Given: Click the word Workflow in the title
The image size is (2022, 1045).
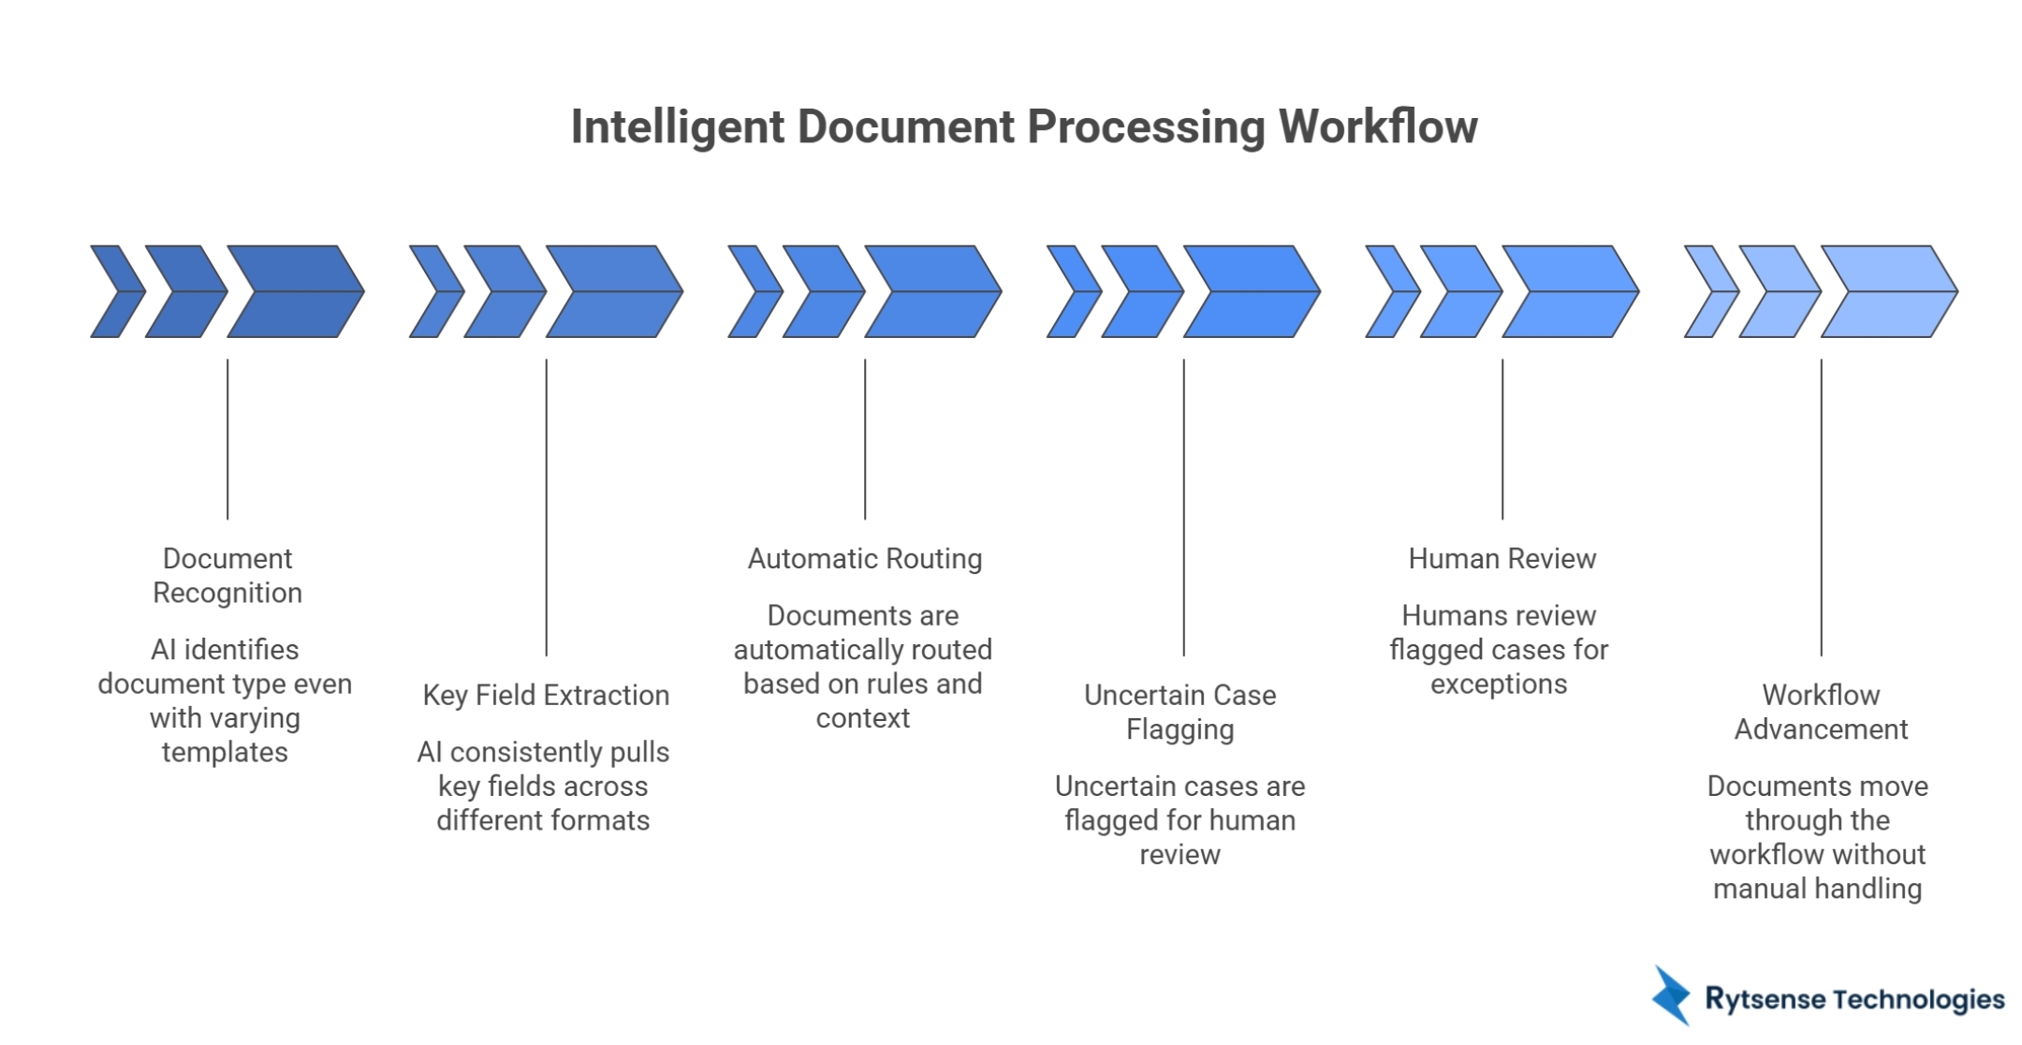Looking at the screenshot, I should coord(1378,126).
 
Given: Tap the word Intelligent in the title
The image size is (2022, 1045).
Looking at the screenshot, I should coord(677,126).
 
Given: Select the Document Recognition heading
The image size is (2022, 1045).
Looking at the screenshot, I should coord(227,575).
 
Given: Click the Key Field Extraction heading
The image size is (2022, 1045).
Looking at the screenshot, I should coord(546,695).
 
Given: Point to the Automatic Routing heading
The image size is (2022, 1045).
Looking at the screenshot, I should coord(864,558).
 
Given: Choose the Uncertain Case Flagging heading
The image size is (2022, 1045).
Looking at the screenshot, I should coord(1179,712).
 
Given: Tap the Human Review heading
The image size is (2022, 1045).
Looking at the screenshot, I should coord(1502,558).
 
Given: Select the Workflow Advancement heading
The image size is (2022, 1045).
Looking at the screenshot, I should coord(1821,712).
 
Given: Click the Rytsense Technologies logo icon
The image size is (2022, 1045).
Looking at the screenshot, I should coord(1671,995).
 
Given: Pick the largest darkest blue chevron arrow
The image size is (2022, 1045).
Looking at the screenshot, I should coord(296,291).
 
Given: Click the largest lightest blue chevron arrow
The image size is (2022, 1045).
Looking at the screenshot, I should coord(1889,291).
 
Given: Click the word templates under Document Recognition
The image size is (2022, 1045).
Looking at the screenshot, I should coord(225,752).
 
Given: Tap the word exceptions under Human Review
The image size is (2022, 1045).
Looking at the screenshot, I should coord(1498,684).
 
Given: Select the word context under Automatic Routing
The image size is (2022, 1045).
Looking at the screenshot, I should coord(862,718).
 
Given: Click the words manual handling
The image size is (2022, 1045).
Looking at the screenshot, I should coord(1817,888).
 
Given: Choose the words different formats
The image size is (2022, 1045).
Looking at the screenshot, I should coord(543,820).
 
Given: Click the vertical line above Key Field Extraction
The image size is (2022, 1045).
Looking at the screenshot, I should coord(547,506).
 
